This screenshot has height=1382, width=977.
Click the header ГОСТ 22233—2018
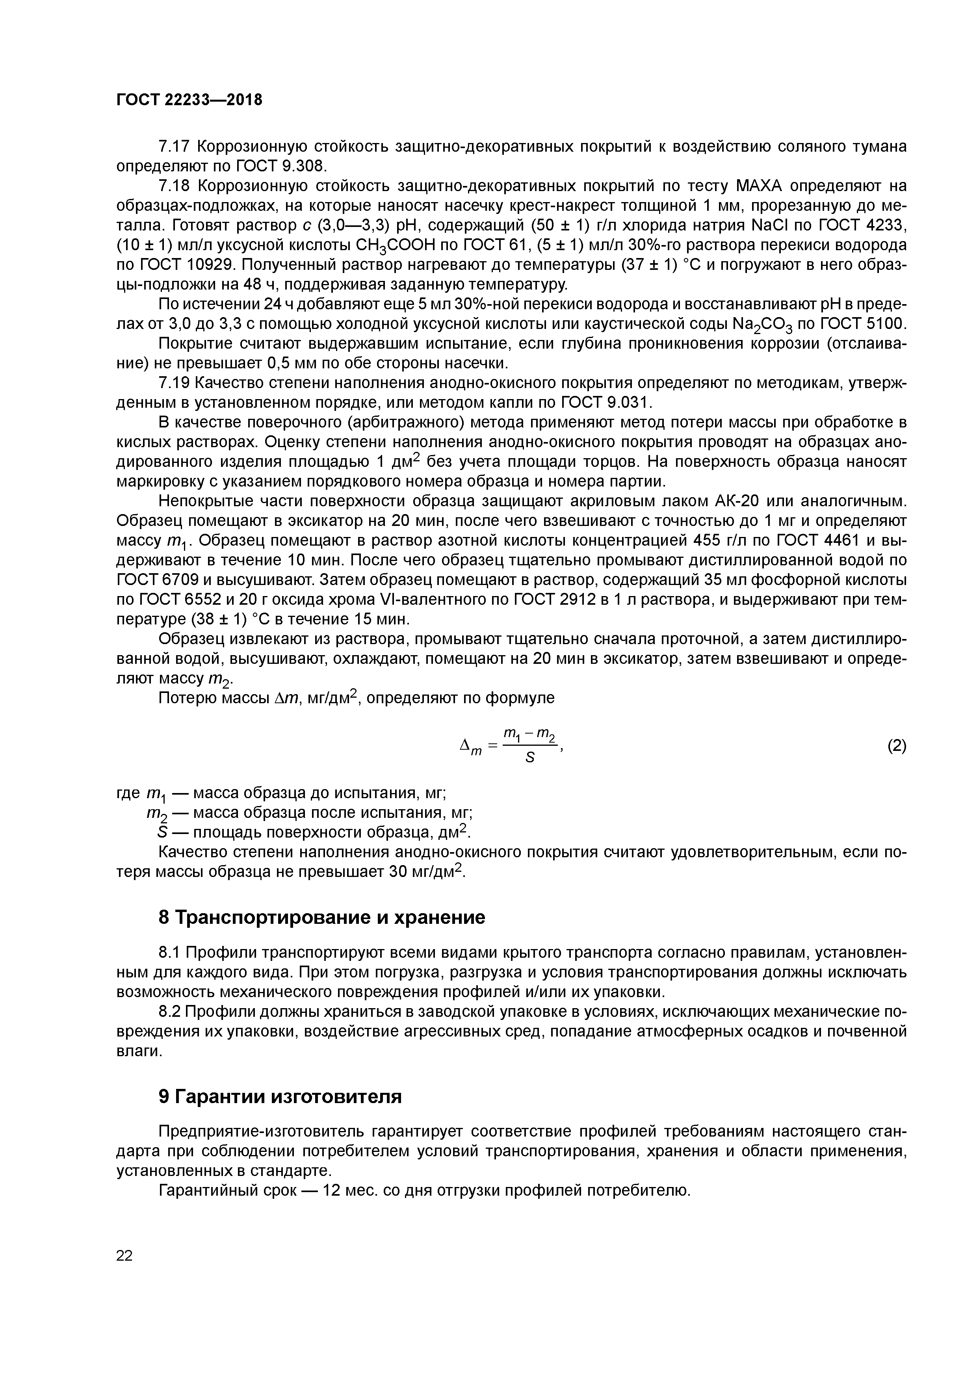(189, 100)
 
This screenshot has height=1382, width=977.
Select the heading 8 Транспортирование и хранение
(321, 917)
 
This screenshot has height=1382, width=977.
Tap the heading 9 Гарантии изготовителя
(280, 1097)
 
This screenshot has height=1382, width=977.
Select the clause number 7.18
(175, 186)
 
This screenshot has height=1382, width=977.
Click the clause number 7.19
(175, 383)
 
